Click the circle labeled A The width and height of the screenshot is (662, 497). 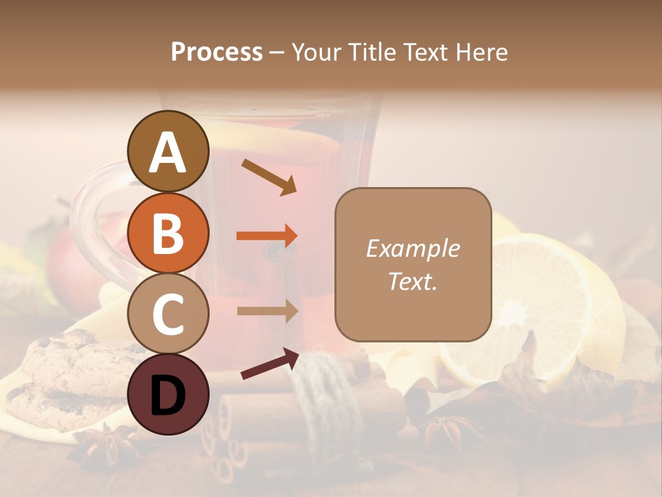point(168,151)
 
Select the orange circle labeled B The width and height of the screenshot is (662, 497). point(168,233)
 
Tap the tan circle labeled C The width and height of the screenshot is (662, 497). point(168,314)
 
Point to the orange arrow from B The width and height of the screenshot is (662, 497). point(267,236)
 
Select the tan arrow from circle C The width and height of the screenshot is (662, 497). point(267,311)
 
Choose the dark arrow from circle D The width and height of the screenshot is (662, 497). point(270,364)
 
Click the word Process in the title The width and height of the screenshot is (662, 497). point(217,52)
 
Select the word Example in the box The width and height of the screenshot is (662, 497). point(412,248)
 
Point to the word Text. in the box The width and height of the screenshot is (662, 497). point(412,281)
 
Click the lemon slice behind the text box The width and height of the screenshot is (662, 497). point(545,304)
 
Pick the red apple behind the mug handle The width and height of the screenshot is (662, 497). point(66,262)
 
